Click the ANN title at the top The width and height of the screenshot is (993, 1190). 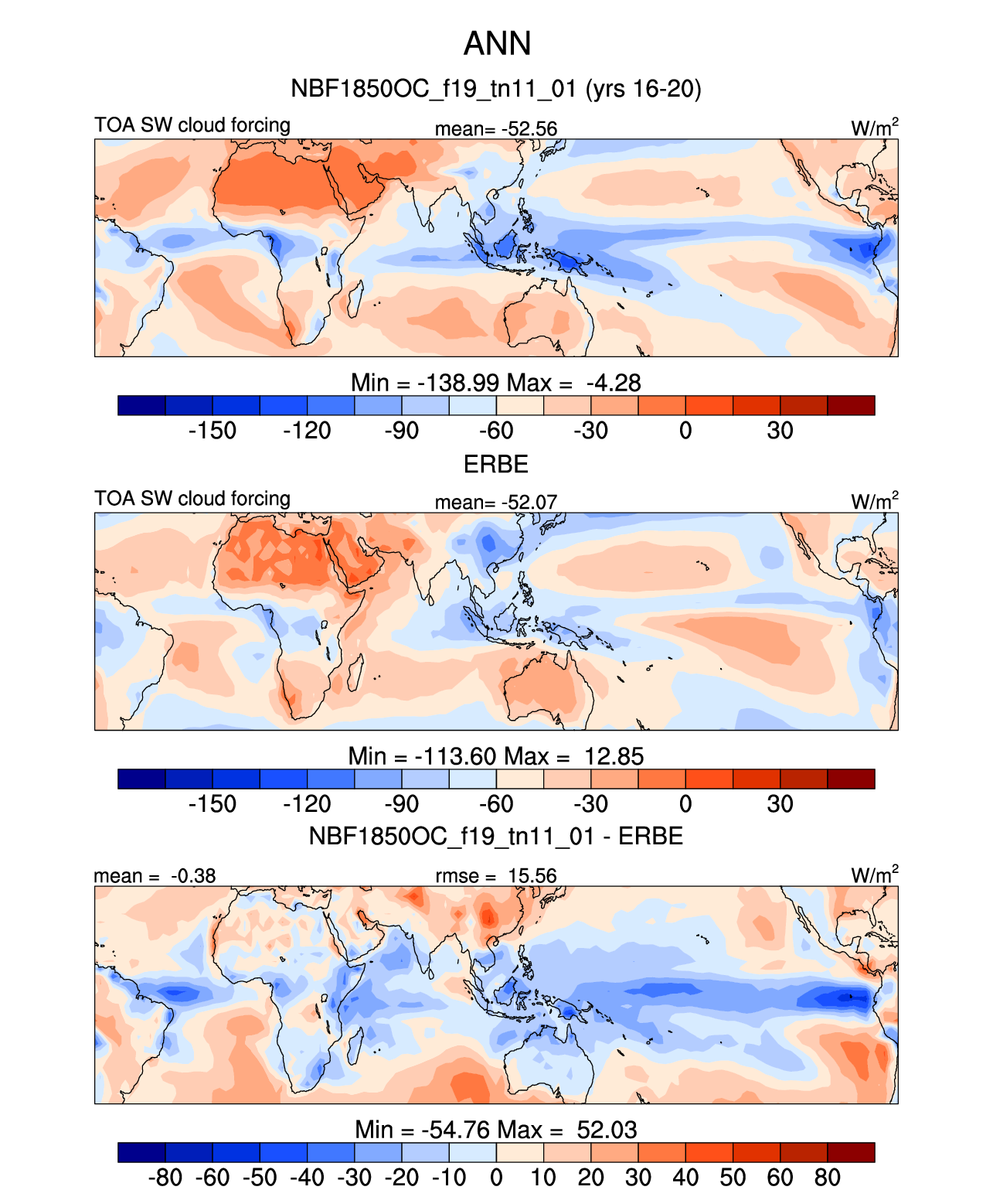[497, 43]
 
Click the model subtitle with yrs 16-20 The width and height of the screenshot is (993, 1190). [496, 88]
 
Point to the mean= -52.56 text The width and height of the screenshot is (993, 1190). [495, 128]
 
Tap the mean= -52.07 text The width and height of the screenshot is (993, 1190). [495, 502]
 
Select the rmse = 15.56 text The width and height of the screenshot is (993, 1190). [495, 875]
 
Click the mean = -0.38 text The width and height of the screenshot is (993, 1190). [155, 875]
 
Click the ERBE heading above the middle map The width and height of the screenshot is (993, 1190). [496, 464]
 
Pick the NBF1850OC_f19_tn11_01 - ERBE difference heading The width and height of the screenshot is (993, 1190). [496, 836]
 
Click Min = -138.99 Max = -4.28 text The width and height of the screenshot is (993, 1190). [496, 382]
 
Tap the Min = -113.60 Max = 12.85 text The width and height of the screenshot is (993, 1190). [496, 755]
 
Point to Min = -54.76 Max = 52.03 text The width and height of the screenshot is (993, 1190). [496, 1129]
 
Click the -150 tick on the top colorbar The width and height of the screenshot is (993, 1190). [213, 430]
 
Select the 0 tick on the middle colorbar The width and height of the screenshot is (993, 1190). [685, 803]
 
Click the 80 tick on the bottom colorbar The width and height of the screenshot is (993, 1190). [827, 1177]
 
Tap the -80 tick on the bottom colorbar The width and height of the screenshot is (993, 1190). [165, 1177]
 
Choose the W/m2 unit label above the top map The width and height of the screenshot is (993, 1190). [874, 128]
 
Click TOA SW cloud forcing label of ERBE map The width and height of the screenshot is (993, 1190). [192, 499]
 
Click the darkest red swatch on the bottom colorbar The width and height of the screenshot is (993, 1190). [851, 1152]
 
